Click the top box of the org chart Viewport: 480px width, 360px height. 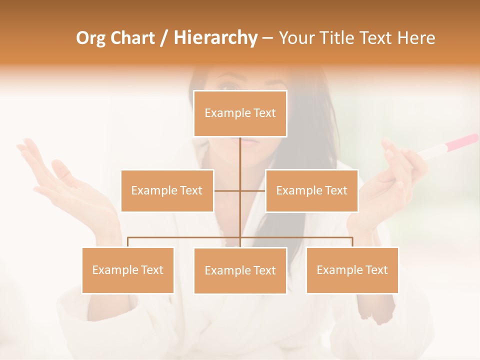tap(240, 113)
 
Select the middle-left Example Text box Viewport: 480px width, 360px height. tap(167, 190)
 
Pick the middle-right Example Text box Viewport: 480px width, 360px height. tap(311, 190)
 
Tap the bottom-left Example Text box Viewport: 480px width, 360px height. tap(128, 270)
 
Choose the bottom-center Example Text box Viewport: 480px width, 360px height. tap(240, 270)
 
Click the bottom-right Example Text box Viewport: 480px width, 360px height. tap(352, 270)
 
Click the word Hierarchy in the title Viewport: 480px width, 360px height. tap(215, 38)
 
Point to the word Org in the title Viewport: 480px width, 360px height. tap(92, 38)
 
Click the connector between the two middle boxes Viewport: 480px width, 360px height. tap(240, 190)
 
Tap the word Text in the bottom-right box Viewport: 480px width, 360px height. tap(375, 270)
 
